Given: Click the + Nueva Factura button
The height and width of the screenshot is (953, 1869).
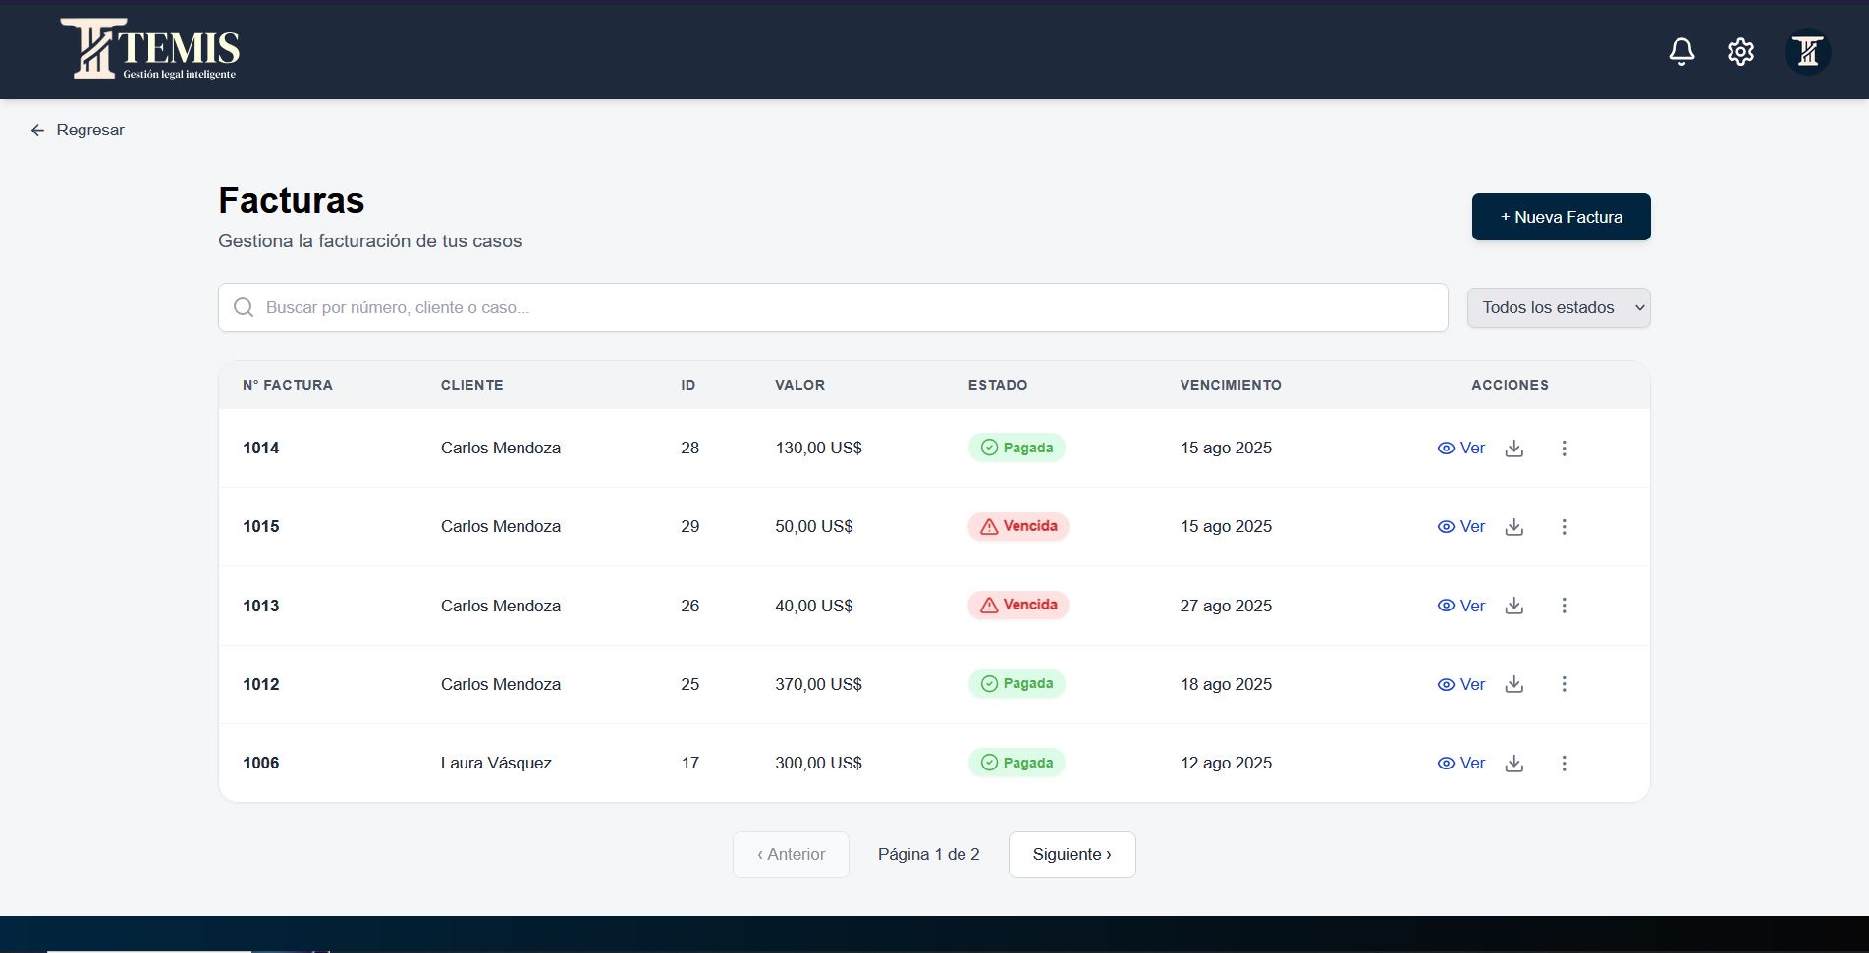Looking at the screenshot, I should tap(1561, 217).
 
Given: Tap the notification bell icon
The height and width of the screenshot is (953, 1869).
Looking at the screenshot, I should tap(1681, 51).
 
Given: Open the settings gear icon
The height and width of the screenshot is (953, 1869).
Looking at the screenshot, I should tap(1740, 51).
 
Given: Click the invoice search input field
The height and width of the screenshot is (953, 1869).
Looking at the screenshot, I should tap(833, 307).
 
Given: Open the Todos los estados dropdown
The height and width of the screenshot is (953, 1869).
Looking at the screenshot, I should tap(1558, 307).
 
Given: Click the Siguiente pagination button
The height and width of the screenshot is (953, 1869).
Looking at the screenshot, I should tap(1072, 854).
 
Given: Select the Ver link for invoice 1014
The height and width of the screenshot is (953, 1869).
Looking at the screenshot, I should tap(1461, 448).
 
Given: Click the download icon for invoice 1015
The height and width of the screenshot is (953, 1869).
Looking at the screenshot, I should tap(1514, 527).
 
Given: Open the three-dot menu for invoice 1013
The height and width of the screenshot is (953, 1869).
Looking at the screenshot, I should tap(1564, 606).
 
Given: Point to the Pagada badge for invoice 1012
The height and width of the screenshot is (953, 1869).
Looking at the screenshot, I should tap(1017, 684).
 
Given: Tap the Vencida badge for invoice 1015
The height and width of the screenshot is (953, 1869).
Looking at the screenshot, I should tap(1018, 526).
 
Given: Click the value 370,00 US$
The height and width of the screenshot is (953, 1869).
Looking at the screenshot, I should tap(818, 684).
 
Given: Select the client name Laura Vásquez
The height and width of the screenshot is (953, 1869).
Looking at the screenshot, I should tap(496, 763).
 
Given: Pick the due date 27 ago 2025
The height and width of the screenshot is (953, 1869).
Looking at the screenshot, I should tap(1226, 606).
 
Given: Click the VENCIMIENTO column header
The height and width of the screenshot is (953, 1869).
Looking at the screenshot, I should tap(1231, 385).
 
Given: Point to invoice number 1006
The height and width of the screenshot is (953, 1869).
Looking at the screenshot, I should tap(261, 763).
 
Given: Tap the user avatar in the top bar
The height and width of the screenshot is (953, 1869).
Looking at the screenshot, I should tap(1807, 51).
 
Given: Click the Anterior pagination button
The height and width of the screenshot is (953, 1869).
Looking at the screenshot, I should tap(791, 854).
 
